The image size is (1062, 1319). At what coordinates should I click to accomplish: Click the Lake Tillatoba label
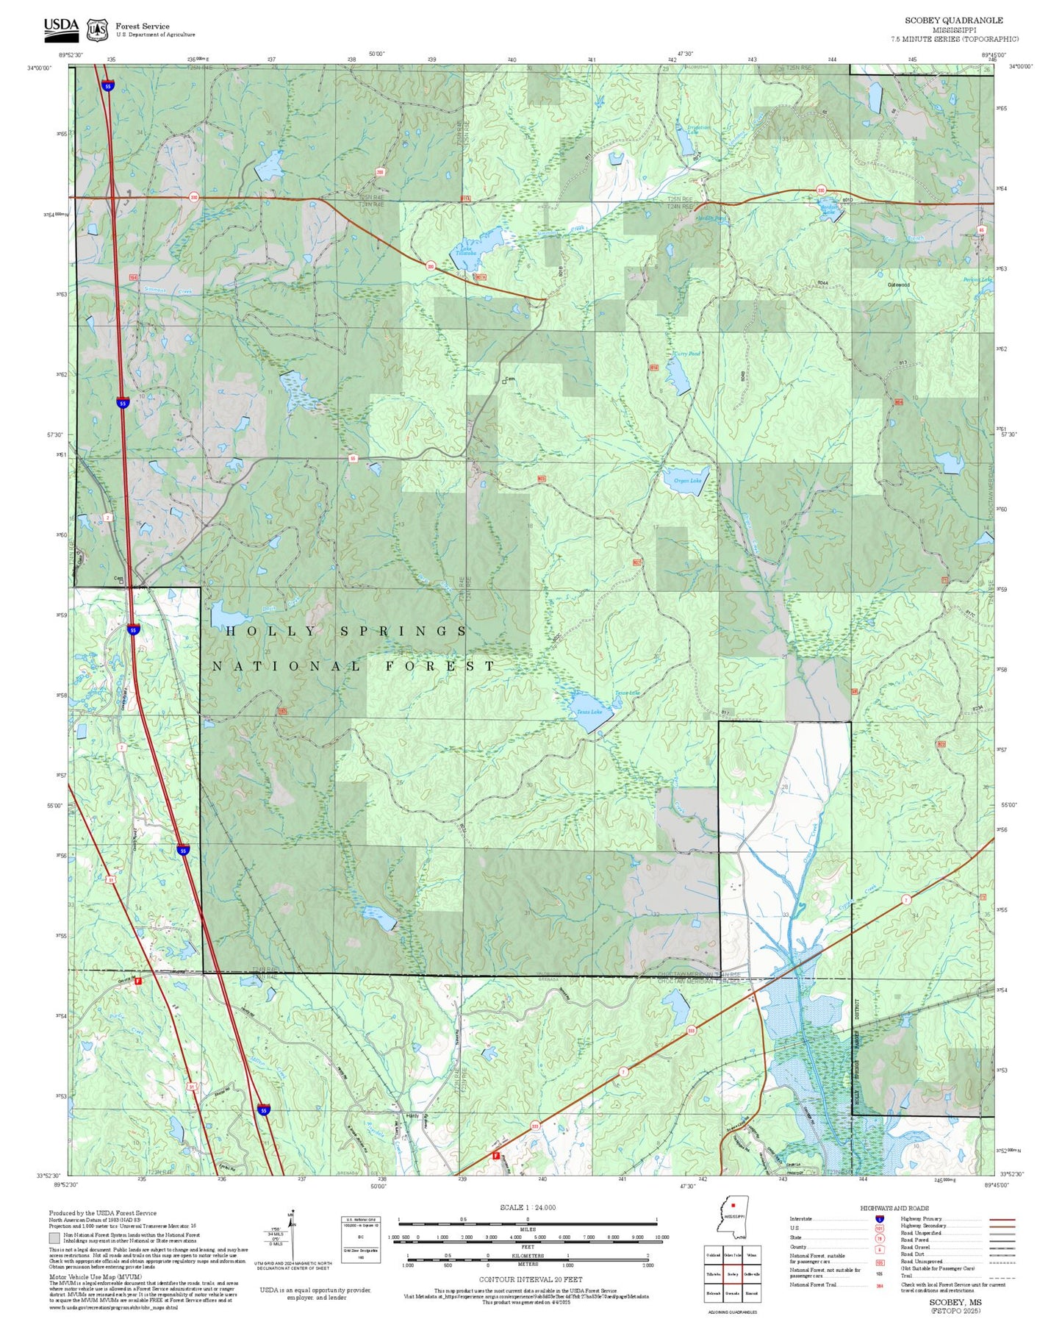466,251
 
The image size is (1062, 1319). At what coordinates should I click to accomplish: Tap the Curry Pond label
686,354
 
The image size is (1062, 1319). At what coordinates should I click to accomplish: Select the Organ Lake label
687,481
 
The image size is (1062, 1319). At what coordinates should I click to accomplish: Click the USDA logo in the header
60,26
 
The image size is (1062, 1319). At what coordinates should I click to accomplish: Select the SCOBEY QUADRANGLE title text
953,21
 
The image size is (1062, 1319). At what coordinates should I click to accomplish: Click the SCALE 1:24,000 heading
527,1207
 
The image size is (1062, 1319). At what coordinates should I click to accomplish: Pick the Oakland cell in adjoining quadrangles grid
712,1255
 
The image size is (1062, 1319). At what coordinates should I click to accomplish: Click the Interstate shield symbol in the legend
878,1219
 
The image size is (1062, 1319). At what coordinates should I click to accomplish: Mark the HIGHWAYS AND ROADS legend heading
894,1208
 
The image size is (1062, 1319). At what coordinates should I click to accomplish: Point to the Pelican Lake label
977,279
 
